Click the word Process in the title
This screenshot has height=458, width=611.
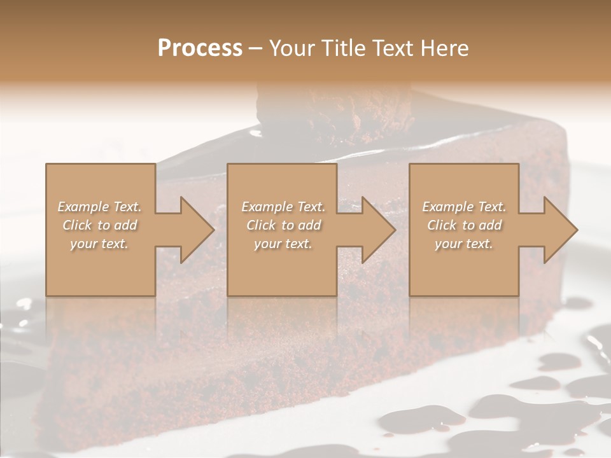200,48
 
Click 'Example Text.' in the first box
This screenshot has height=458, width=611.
99,207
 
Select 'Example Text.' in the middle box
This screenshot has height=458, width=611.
283,207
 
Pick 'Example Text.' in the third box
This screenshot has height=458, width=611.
464,207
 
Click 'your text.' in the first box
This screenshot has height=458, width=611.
99,244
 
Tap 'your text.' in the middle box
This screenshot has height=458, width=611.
283,244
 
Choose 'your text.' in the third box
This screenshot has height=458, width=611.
464,244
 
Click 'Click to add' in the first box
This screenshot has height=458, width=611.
99,225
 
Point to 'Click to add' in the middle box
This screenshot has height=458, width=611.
283,225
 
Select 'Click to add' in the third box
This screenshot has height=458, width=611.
464,225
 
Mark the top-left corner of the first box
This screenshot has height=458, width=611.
46,165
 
